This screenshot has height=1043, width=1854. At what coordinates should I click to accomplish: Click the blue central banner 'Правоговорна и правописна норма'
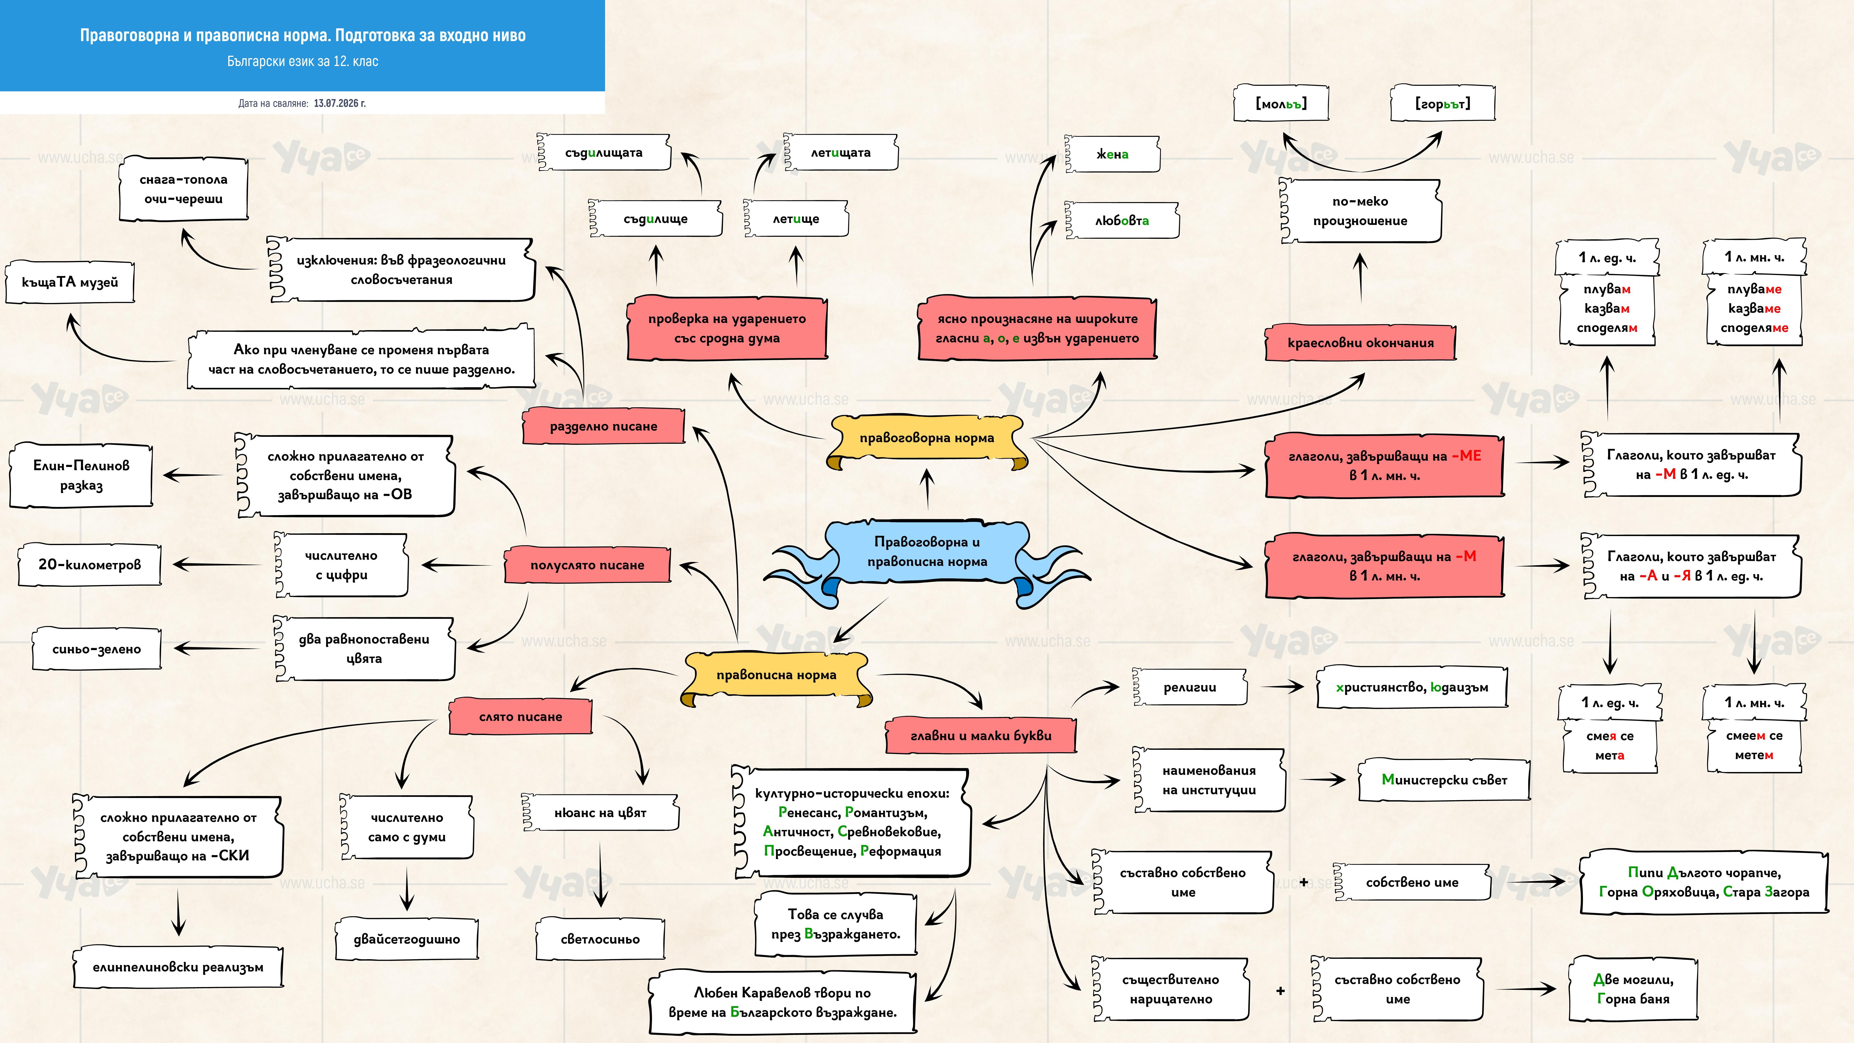click(927, 552)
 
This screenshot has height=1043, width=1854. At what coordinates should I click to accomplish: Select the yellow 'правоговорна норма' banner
click(927, 438)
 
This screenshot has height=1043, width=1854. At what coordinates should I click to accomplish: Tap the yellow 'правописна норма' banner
click(776, 675)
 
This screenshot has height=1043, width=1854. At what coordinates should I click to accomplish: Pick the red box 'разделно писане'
click(603, 426)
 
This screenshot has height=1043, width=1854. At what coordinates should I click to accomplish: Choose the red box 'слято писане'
click(520, 717)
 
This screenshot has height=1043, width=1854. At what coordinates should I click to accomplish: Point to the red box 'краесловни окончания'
click(1360, 343)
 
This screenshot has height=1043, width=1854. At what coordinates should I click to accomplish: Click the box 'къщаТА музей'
click(70, 282)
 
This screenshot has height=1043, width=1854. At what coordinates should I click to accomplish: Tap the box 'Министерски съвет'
click(1444, 780)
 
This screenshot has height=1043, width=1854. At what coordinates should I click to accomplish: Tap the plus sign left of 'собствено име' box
click(1304, 882)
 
